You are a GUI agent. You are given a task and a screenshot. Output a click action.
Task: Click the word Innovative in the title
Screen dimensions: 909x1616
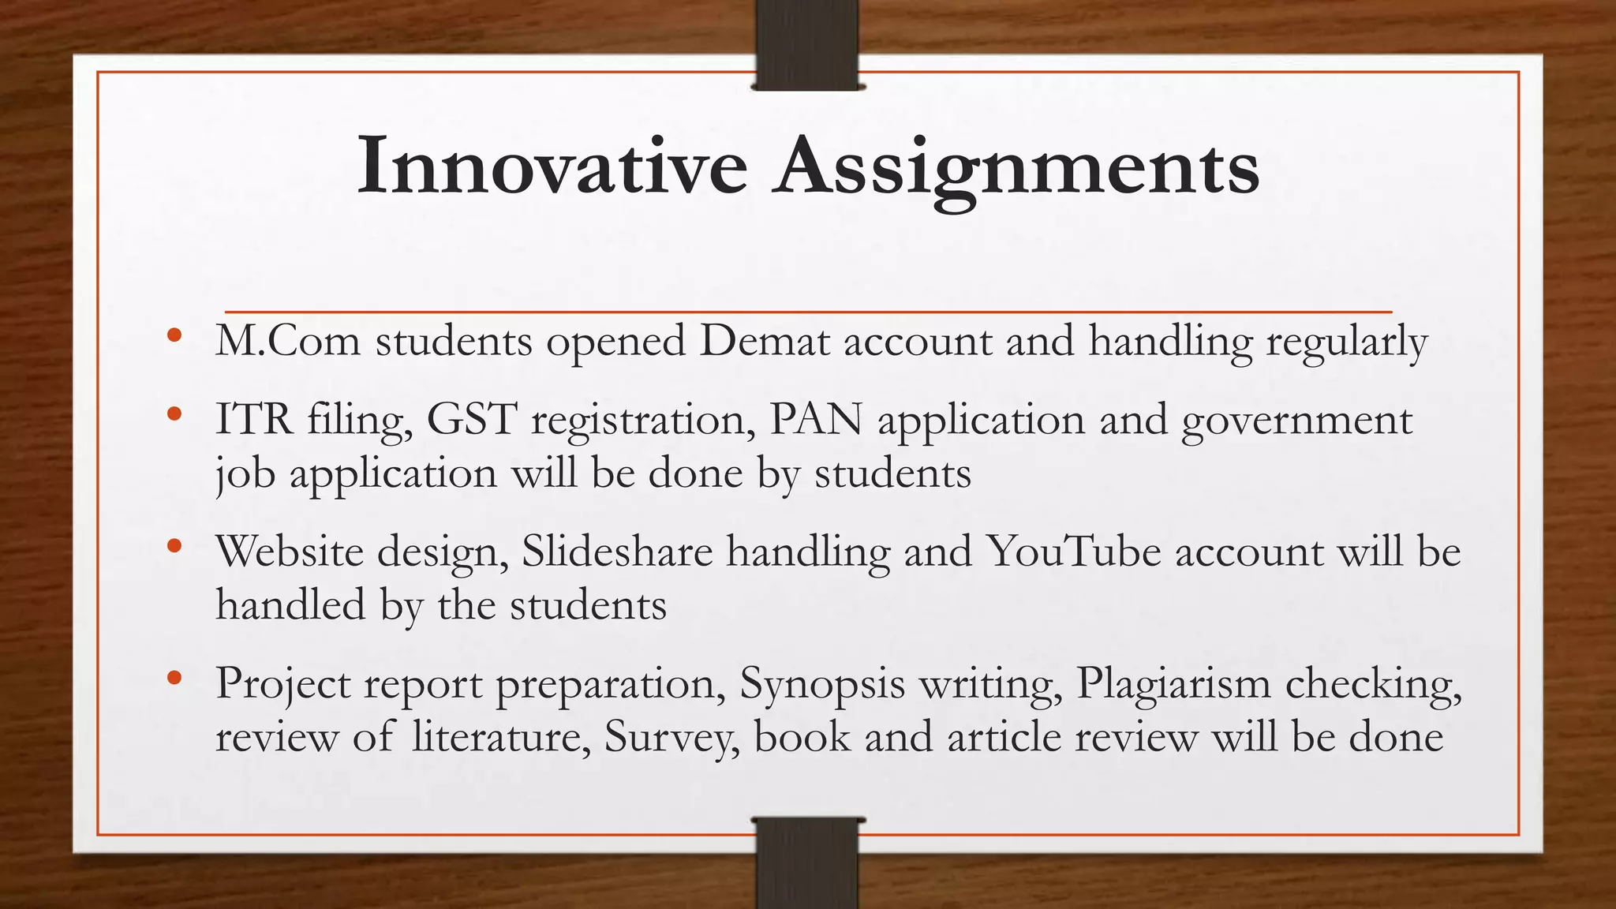552,166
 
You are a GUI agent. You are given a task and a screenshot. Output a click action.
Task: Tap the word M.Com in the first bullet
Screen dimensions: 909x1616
287,341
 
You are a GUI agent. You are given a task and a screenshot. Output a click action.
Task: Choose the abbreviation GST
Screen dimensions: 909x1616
472,419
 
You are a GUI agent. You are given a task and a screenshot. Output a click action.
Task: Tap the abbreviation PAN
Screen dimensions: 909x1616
816,419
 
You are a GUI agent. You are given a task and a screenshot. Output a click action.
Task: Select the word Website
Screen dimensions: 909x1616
289,551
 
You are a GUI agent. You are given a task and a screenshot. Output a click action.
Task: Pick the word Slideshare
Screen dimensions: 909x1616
617,551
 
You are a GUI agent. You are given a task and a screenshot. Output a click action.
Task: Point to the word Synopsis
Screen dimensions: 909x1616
821,684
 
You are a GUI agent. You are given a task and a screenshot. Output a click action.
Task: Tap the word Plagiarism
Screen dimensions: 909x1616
1173,684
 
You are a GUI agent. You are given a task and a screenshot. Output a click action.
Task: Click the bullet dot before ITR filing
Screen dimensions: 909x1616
174,413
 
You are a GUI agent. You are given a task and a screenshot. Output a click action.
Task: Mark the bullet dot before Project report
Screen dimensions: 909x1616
174,677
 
